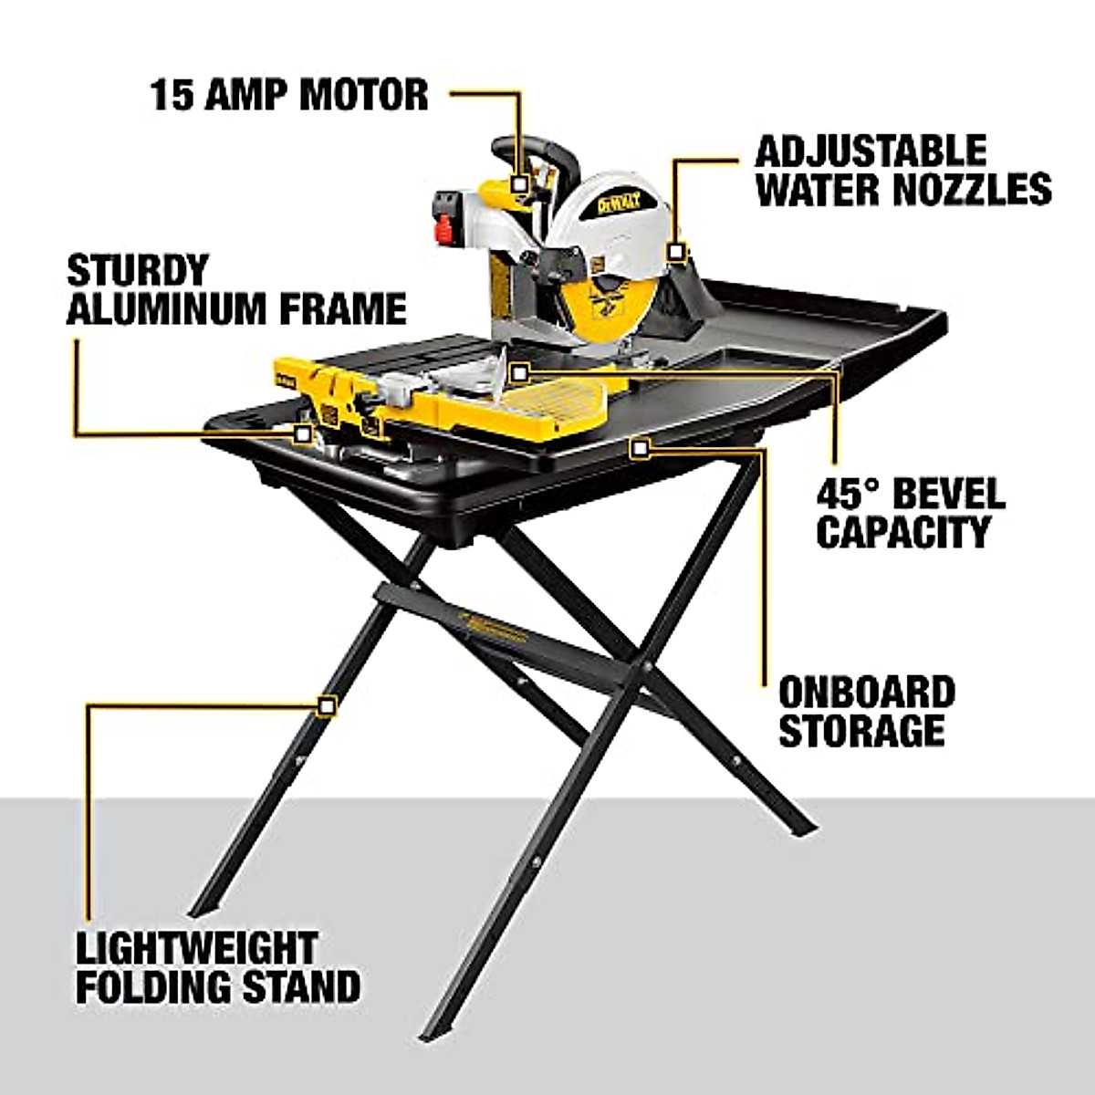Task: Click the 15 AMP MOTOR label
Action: coord(289,95)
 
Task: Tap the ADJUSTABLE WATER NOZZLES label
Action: coord(902,171)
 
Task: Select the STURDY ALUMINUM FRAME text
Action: coord(236,290)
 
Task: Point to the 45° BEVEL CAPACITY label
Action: coord(910,513)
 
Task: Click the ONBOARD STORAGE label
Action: coord(866,712)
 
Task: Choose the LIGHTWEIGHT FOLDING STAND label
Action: coord(217,968)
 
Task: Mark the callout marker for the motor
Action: coord(519,183)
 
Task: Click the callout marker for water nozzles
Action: coord(675,251)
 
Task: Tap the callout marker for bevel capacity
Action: coord(519,371)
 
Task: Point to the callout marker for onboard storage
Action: coord(641,447)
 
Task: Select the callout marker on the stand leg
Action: coord(326,705)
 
